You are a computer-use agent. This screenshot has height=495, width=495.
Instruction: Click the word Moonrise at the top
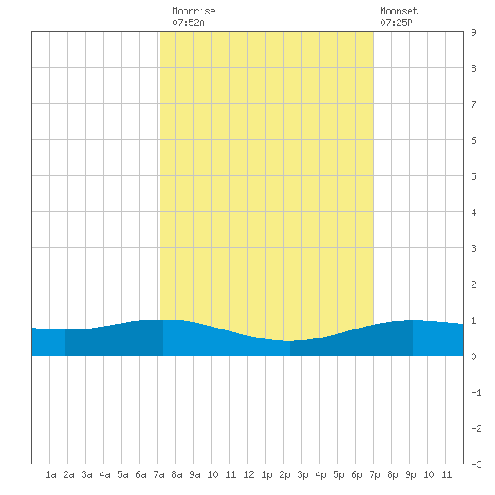coord(193,11)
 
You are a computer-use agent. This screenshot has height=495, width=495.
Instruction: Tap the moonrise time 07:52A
coord(188,22)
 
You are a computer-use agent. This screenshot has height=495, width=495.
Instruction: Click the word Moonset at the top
coord(399,11)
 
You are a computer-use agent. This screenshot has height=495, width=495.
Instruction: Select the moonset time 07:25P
coord(396,22)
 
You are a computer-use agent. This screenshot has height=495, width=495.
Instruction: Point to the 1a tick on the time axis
coord(50,474)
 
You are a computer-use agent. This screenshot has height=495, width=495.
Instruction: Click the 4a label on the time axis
coord(104,474)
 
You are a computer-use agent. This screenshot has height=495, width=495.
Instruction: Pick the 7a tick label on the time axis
coord(158,474)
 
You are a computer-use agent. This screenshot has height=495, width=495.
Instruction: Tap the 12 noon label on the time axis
coord(248,474)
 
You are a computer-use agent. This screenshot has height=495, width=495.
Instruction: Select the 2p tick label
coord(284,474)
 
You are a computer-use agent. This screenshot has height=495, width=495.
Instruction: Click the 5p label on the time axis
coord(338,474)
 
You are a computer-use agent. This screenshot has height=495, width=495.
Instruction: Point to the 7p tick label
coord(374,474)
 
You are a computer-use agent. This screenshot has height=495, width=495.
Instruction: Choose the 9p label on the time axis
coord(410,474)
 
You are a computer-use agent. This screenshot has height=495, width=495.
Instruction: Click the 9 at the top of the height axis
coord(473,32)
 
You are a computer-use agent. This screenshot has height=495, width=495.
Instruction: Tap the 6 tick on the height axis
coord(473,140)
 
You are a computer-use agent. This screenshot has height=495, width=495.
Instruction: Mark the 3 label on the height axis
coord(473,248)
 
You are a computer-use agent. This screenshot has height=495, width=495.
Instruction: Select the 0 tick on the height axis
coord(473,356)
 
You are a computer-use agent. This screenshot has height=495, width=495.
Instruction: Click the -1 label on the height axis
coord(476,392)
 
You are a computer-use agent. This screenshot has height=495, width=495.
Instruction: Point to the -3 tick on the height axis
coord(476,464)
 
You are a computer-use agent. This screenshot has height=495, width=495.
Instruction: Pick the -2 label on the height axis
coord(476,428)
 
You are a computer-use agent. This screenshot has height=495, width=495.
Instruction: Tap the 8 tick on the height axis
coord(473,68)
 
